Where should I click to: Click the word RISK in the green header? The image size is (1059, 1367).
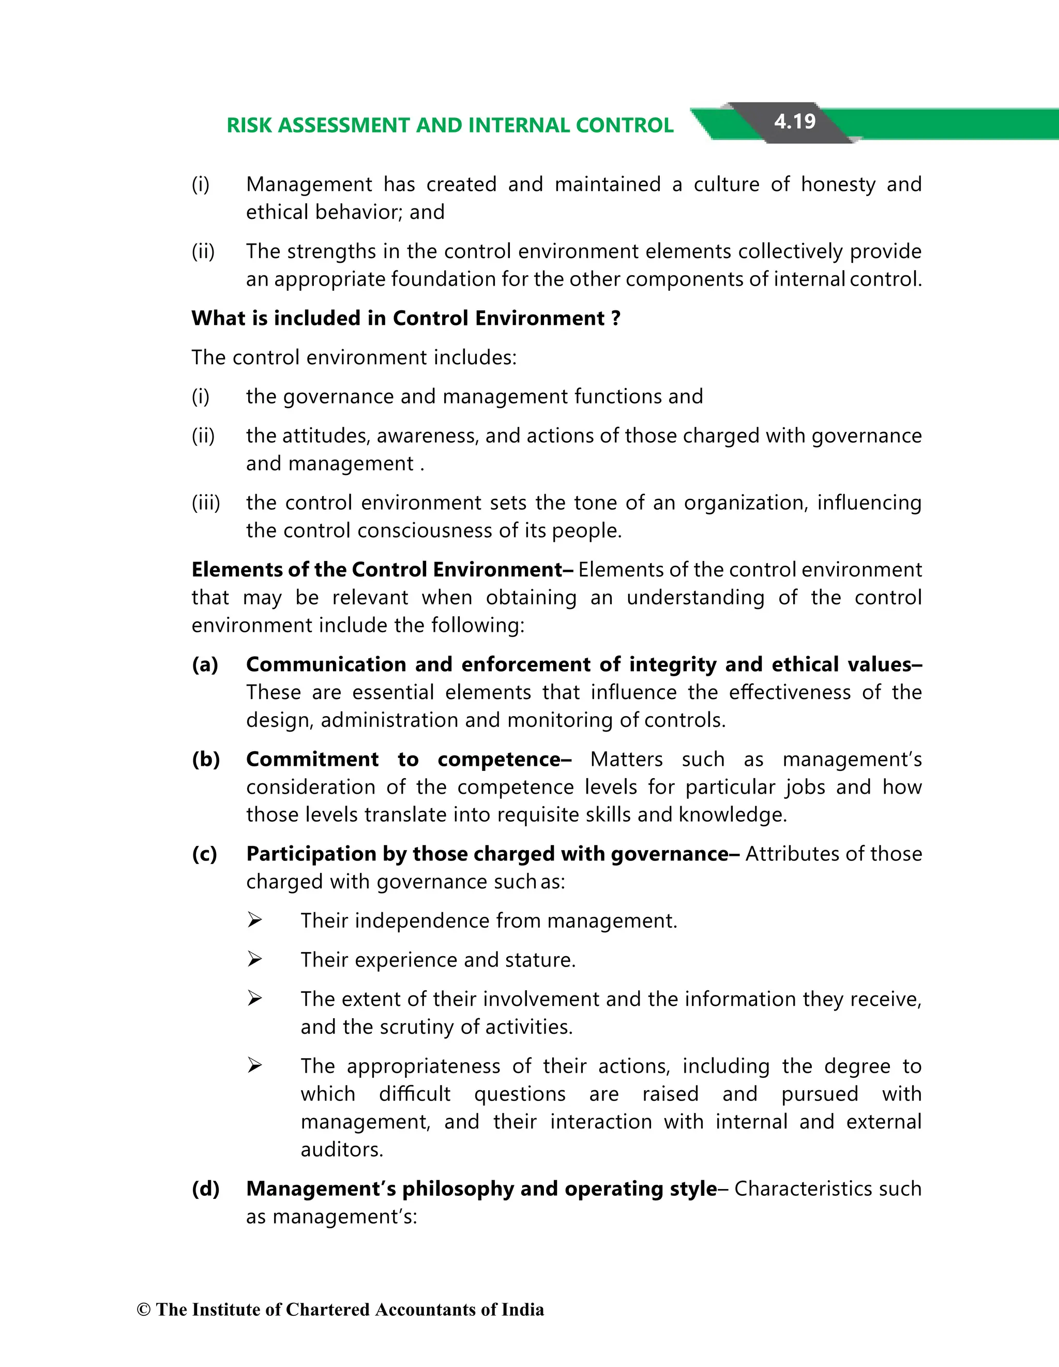pyautogui.click(x=249, y=125)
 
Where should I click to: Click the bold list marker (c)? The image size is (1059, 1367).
pyautogui.click(x=205, y=853)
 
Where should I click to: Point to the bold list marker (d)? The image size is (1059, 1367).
pyautogui.click(x=206, y=1188)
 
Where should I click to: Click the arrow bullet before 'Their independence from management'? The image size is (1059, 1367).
pyautogui.click(x=254, y=920)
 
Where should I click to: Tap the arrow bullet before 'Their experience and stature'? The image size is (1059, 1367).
pyautogui.click(x=254, y=959)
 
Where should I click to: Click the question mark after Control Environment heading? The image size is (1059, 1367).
pyautogui.click(x=616, y=318)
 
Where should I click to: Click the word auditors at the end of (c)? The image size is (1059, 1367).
pyautogui.click(x=341, y=1149)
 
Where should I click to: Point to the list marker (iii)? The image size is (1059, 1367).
pyautogui.click(x=206, y=502)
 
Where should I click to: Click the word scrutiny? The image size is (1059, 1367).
pyautogui.click(x=417, y=1027)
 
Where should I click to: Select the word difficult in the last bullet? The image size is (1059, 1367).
pyautogui.click(x=415, y=1093)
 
